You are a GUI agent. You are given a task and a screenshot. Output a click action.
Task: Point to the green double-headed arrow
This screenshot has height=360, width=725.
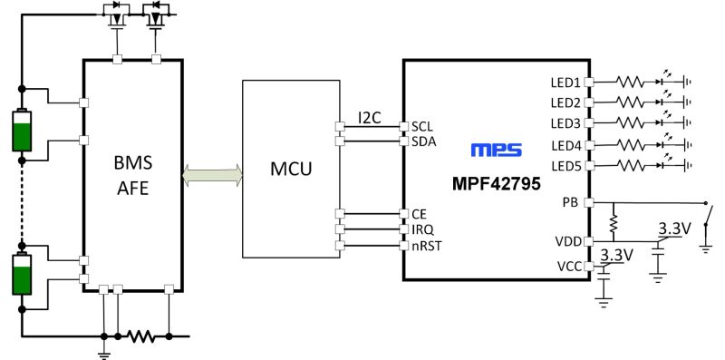coord(213,174)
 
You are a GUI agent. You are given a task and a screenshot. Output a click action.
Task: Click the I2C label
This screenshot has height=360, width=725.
coord(369,117)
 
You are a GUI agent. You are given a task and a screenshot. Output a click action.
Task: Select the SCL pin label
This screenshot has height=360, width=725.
coord(422,126)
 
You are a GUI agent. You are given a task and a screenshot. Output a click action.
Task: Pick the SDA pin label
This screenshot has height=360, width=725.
coord(423,141)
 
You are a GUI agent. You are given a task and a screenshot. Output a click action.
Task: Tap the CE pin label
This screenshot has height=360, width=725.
coord(419,214)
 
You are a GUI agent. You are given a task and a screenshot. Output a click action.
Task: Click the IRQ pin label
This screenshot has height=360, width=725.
coord(421,229)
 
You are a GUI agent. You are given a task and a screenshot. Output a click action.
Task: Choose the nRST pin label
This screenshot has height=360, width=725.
coord(425,245)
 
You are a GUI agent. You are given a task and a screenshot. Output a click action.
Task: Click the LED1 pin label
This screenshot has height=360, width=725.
coord(565,82)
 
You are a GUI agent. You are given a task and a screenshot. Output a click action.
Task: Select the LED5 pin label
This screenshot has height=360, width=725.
coord(565,166)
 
